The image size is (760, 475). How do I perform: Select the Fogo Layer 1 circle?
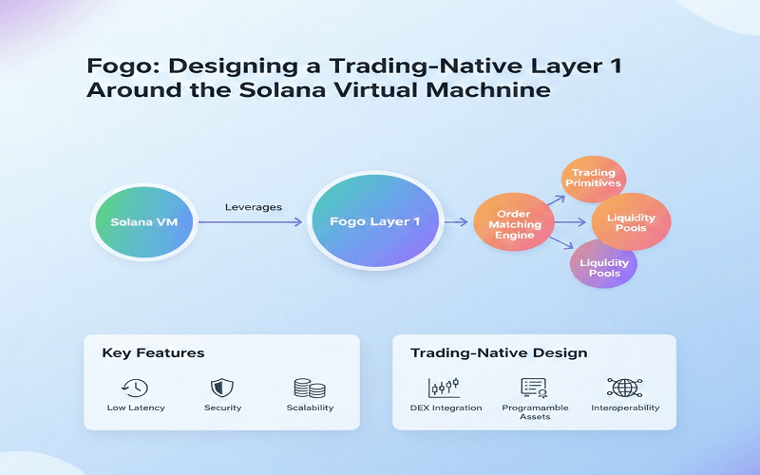point(375,221)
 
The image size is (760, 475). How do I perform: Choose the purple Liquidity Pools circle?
point(603,267)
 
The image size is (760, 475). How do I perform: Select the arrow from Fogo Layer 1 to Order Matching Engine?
point(459,222)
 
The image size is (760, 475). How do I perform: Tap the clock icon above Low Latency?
point(135,387)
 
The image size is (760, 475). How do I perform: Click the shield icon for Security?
point(222,387)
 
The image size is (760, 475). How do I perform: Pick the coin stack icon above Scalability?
point(310,388)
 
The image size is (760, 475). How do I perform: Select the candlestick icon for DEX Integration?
point(444,387)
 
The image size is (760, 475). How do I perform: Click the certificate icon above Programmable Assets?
point(534,387)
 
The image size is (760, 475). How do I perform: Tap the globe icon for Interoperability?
point(624,387)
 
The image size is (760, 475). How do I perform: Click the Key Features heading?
point(153,352)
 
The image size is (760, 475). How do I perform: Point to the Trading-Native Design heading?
point(498,352)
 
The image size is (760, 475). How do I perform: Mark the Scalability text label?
point(310,408)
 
